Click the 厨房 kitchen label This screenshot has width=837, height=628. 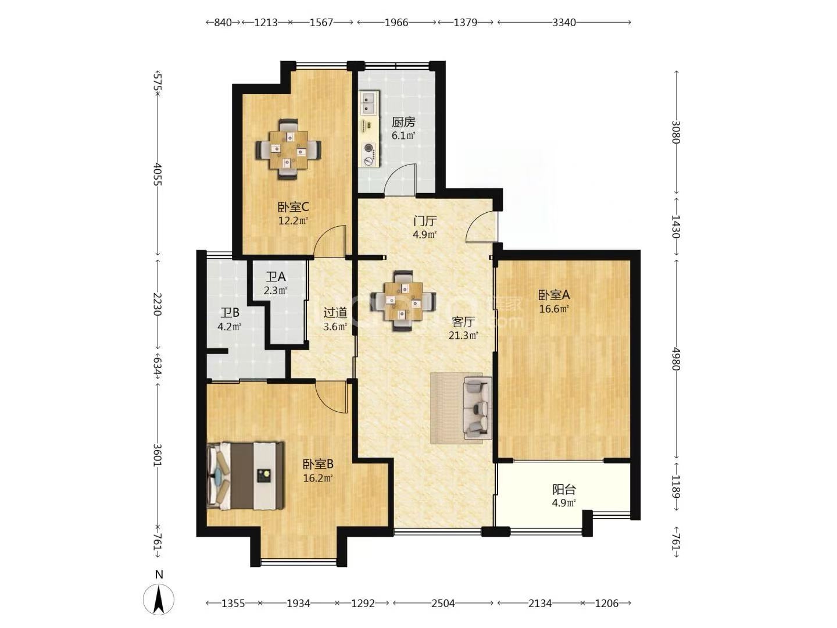coord(403,122)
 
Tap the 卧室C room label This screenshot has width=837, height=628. coord(293,207)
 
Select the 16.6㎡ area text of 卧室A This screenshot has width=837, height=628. coord(554,308)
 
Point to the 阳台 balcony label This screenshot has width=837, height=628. coord(564,489)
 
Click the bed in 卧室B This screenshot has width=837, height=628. coord(245,475)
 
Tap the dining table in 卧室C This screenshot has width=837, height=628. coord(288,149)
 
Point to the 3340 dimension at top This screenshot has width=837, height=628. coord(564,23)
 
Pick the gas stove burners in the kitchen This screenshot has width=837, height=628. coord(369,154)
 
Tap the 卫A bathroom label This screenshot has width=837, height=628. coord(276,276)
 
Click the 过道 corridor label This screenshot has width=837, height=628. coord(335,313)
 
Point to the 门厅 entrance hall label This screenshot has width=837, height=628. coord(425,221)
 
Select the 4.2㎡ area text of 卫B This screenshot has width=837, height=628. coord(230,326)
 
